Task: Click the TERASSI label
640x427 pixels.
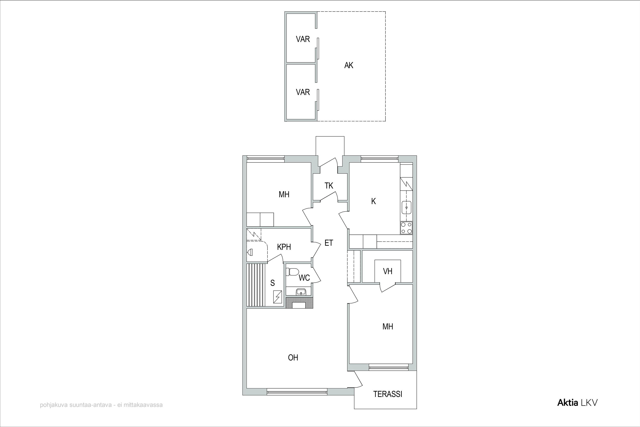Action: (x=387, y=394)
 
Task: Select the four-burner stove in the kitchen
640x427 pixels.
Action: (x=406, y=228)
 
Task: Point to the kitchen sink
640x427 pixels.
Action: (x=407, y=208)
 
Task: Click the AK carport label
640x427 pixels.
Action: (x=349, y=65)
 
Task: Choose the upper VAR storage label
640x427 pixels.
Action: (x=303, y=39)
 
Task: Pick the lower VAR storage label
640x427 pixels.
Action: (x=303, y=92)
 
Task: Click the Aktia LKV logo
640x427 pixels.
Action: (x=577, y=403)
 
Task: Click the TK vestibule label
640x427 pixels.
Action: (x=329, y=186)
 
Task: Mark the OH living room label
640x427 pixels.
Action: (x=293, y=358)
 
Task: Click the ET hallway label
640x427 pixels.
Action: (x=329, y=243)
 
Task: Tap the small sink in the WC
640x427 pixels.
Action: (x=301, y=292)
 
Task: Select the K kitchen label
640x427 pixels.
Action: (x=374, y=201)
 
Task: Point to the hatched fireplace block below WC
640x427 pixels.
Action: (x=299, y=303)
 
